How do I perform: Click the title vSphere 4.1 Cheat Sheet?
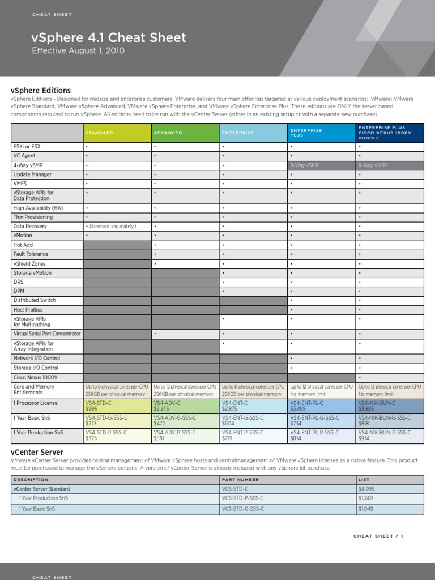coord(109,38)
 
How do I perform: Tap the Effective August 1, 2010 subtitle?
coord(78,50)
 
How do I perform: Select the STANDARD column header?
coord(100,133)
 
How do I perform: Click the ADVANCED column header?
coord(168,133)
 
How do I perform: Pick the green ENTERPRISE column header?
coord(238,133)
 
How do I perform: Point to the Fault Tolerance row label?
coord(31,254)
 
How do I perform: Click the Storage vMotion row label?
coord(32,273)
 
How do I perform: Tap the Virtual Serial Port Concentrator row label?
coord(47,334)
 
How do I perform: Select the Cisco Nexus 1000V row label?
coord(35,377)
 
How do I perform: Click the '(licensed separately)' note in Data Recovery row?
coord(113,227)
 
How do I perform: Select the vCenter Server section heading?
coord(37,452)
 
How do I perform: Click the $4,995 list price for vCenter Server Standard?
coord(366,488)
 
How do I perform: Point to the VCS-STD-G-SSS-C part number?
coord(243,509)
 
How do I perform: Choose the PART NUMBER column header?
coord(241,479)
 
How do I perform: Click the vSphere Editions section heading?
coord(41,90)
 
